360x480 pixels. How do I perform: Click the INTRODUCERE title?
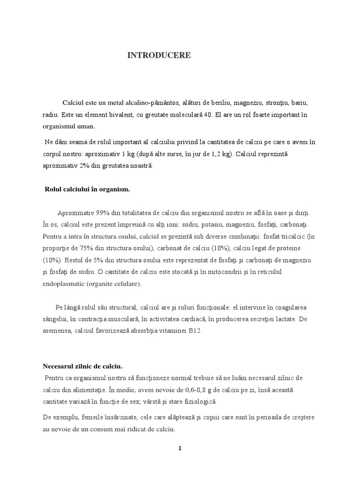tap(159, 55)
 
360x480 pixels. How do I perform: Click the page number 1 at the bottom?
tap(180, 448)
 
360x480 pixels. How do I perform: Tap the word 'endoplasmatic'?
tap(63, 284)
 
